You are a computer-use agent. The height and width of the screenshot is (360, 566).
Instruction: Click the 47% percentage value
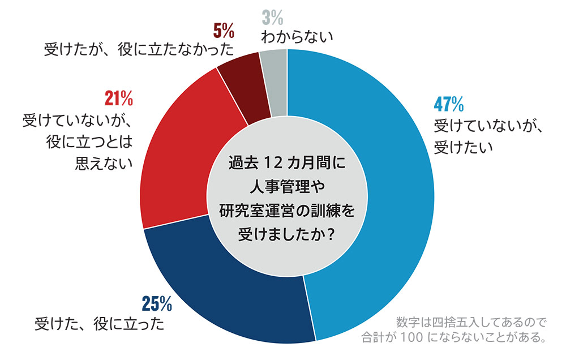(x=449, y=104)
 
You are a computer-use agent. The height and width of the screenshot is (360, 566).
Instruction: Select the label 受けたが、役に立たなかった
(x=139, y=49)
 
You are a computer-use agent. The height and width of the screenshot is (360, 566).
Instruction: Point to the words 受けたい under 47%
(x=464, y=147)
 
